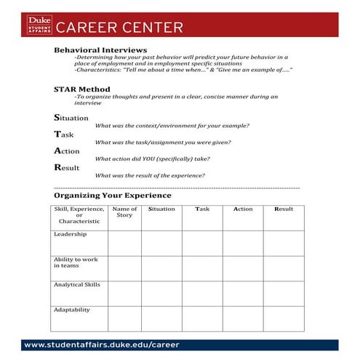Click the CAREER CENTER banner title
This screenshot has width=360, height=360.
(x=120, y=28)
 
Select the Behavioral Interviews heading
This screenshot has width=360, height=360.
(x=100, y=50)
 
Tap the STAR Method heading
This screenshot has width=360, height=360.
(x=81, y=89)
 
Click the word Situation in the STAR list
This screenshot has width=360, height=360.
(x=71, y=117)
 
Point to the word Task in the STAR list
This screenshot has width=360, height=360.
(x=64, y=134)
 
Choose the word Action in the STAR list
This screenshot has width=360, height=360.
(x=67, y=151)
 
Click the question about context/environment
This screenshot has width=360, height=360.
(x=172, y=126)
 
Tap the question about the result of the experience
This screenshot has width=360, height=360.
(x=150, y=175)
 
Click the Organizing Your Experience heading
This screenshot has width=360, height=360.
(x=113, y=196)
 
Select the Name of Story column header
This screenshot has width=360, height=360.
(x=124, y=212)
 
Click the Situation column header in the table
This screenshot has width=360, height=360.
(x=161, y=209)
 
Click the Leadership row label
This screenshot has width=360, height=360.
(x=70, y=234)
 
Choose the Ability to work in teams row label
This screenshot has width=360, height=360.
(x=76, y=263)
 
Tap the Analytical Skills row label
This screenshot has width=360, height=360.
(x=76, y=284)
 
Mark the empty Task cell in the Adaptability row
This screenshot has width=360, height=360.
(x=202, y=319)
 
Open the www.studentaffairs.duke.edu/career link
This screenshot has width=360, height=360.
(x=101, y=345)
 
